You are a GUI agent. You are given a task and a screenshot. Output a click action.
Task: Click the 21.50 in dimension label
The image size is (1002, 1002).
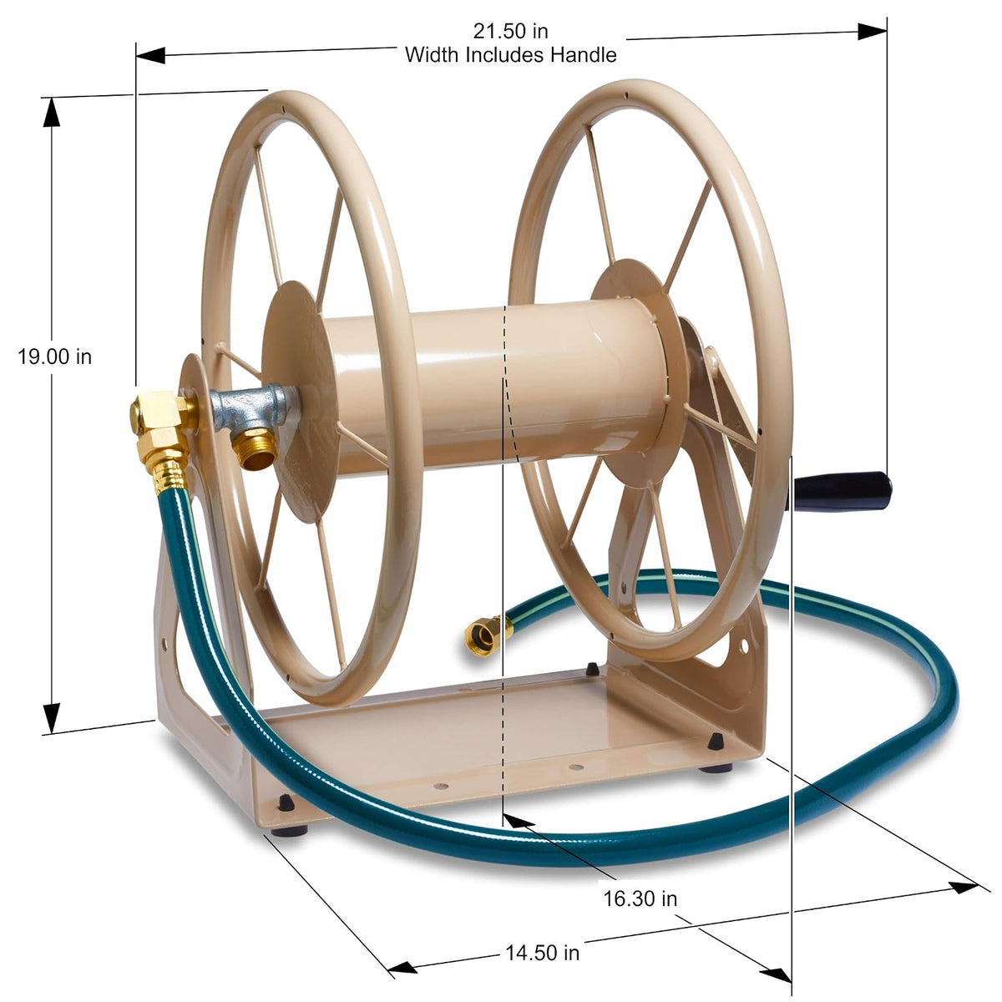[510, 31]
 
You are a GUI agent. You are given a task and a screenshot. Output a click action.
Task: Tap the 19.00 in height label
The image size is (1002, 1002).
[54, 357]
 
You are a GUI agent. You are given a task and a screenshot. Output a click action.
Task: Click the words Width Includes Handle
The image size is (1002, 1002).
[511, 54]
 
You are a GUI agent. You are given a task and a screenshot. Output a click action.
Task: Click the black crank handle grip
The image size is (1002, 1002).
[842, 491]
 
